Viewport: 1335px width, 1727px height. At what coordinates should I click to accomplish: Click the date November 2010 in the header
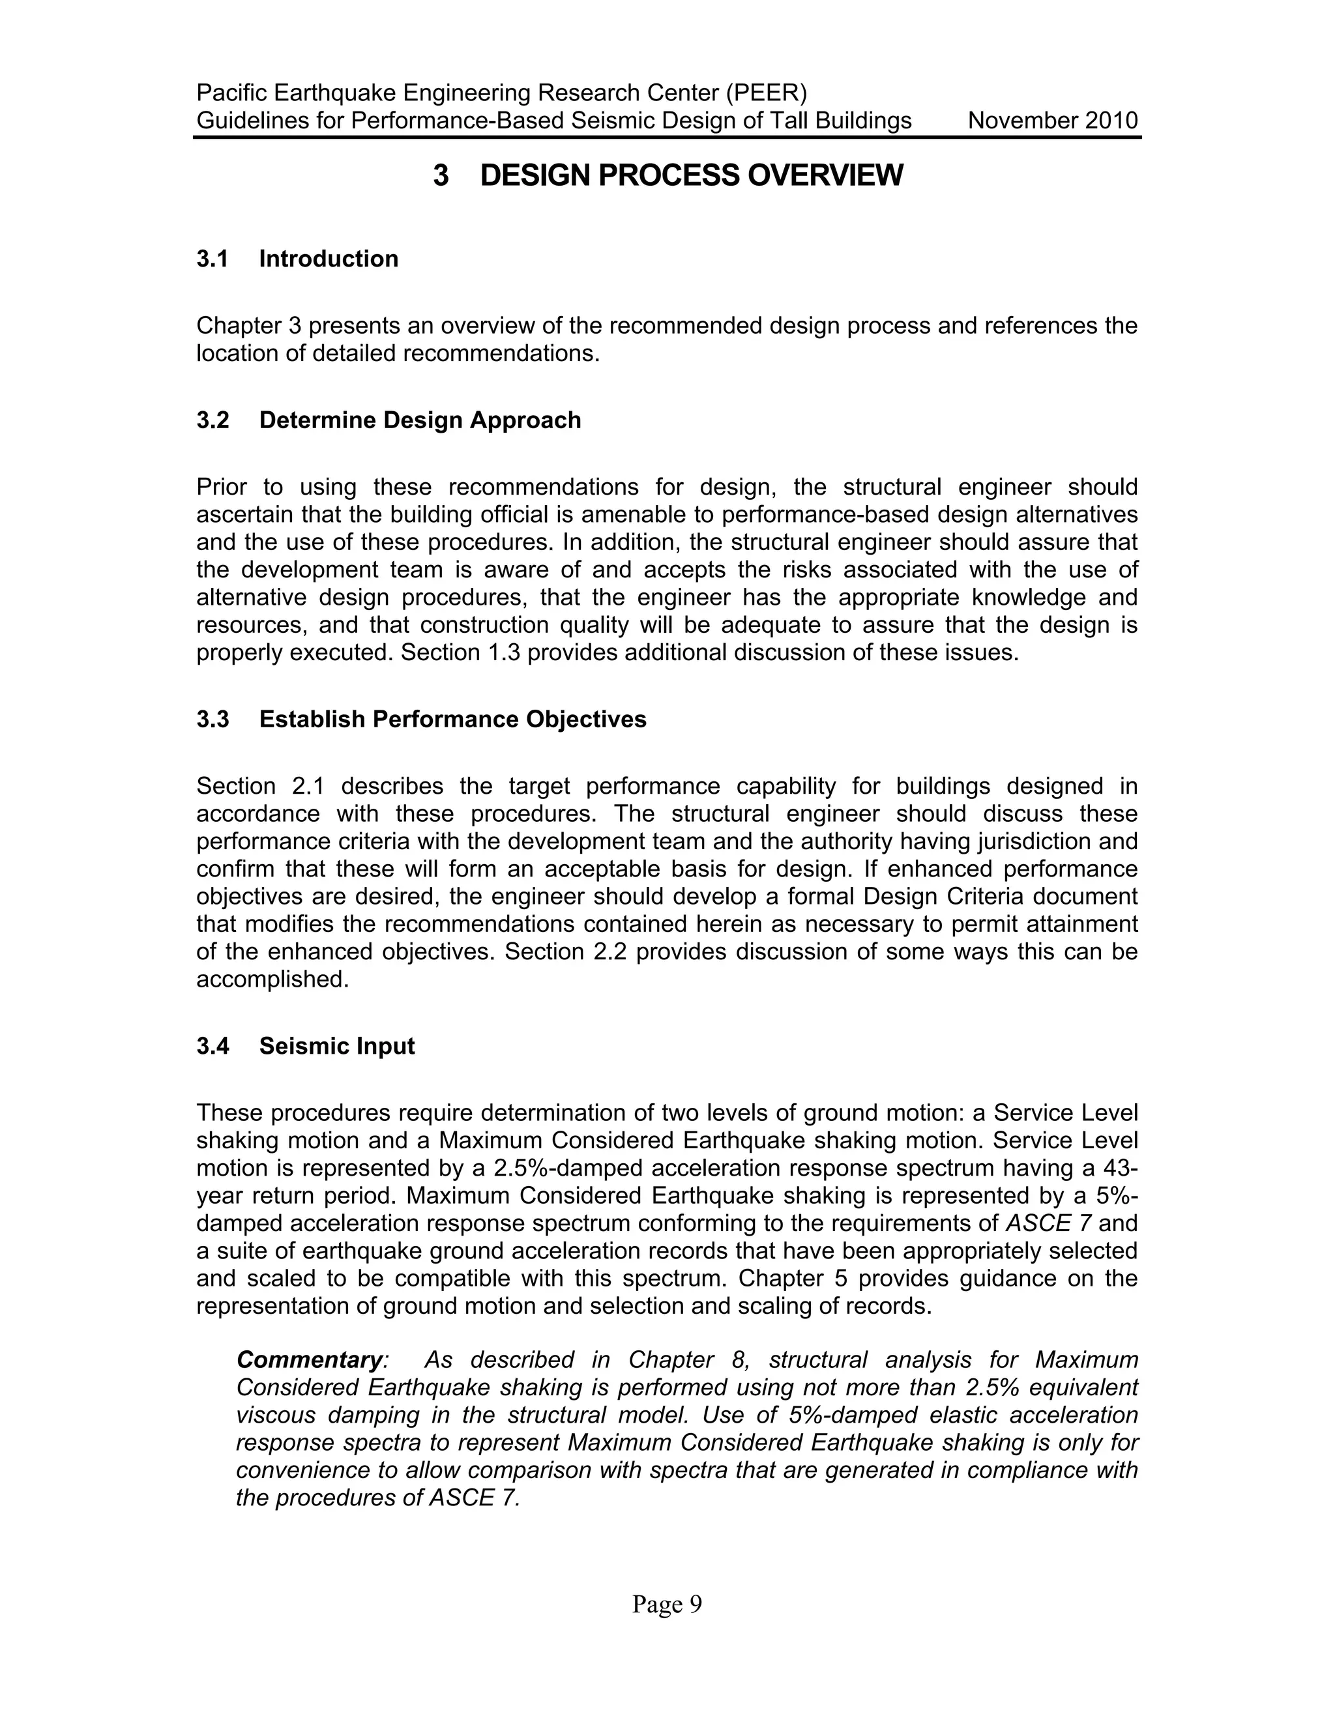[x=1052, y=121]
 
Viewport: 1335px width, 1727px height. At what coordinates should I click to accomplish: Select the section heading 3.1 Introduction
[x=297, y=259]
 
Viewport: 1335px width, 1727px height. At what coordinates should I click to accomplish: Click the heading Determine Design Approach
[x=419, y=420]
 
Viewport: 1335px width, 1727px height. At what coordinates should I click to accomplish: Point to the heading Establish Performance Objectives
[x=452, y=719]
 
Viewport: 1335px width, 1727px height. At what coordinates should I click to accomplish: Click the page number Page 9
[x=667, y=1604]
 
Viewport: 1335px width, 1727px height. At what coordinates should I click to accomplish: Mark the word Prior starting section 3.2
[x=222, y=487]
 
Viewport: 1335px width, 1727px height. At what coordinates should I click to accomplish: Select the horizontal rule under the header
[x=667, y=138]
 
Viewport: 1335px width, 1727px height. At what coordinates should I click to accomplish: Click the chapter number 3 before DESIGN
[x=441, y=175]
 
